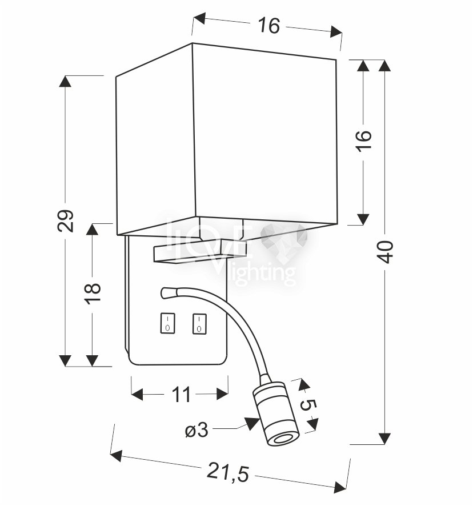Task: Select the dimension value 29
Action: coord(66,221)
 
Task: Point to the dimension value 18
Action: coord(93,292)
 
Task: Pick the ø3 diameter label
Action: coord(197,430)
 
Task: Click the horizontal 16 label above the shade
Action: coord(268,26)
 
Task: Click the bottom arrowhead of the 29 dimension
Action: coord(66,360)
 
